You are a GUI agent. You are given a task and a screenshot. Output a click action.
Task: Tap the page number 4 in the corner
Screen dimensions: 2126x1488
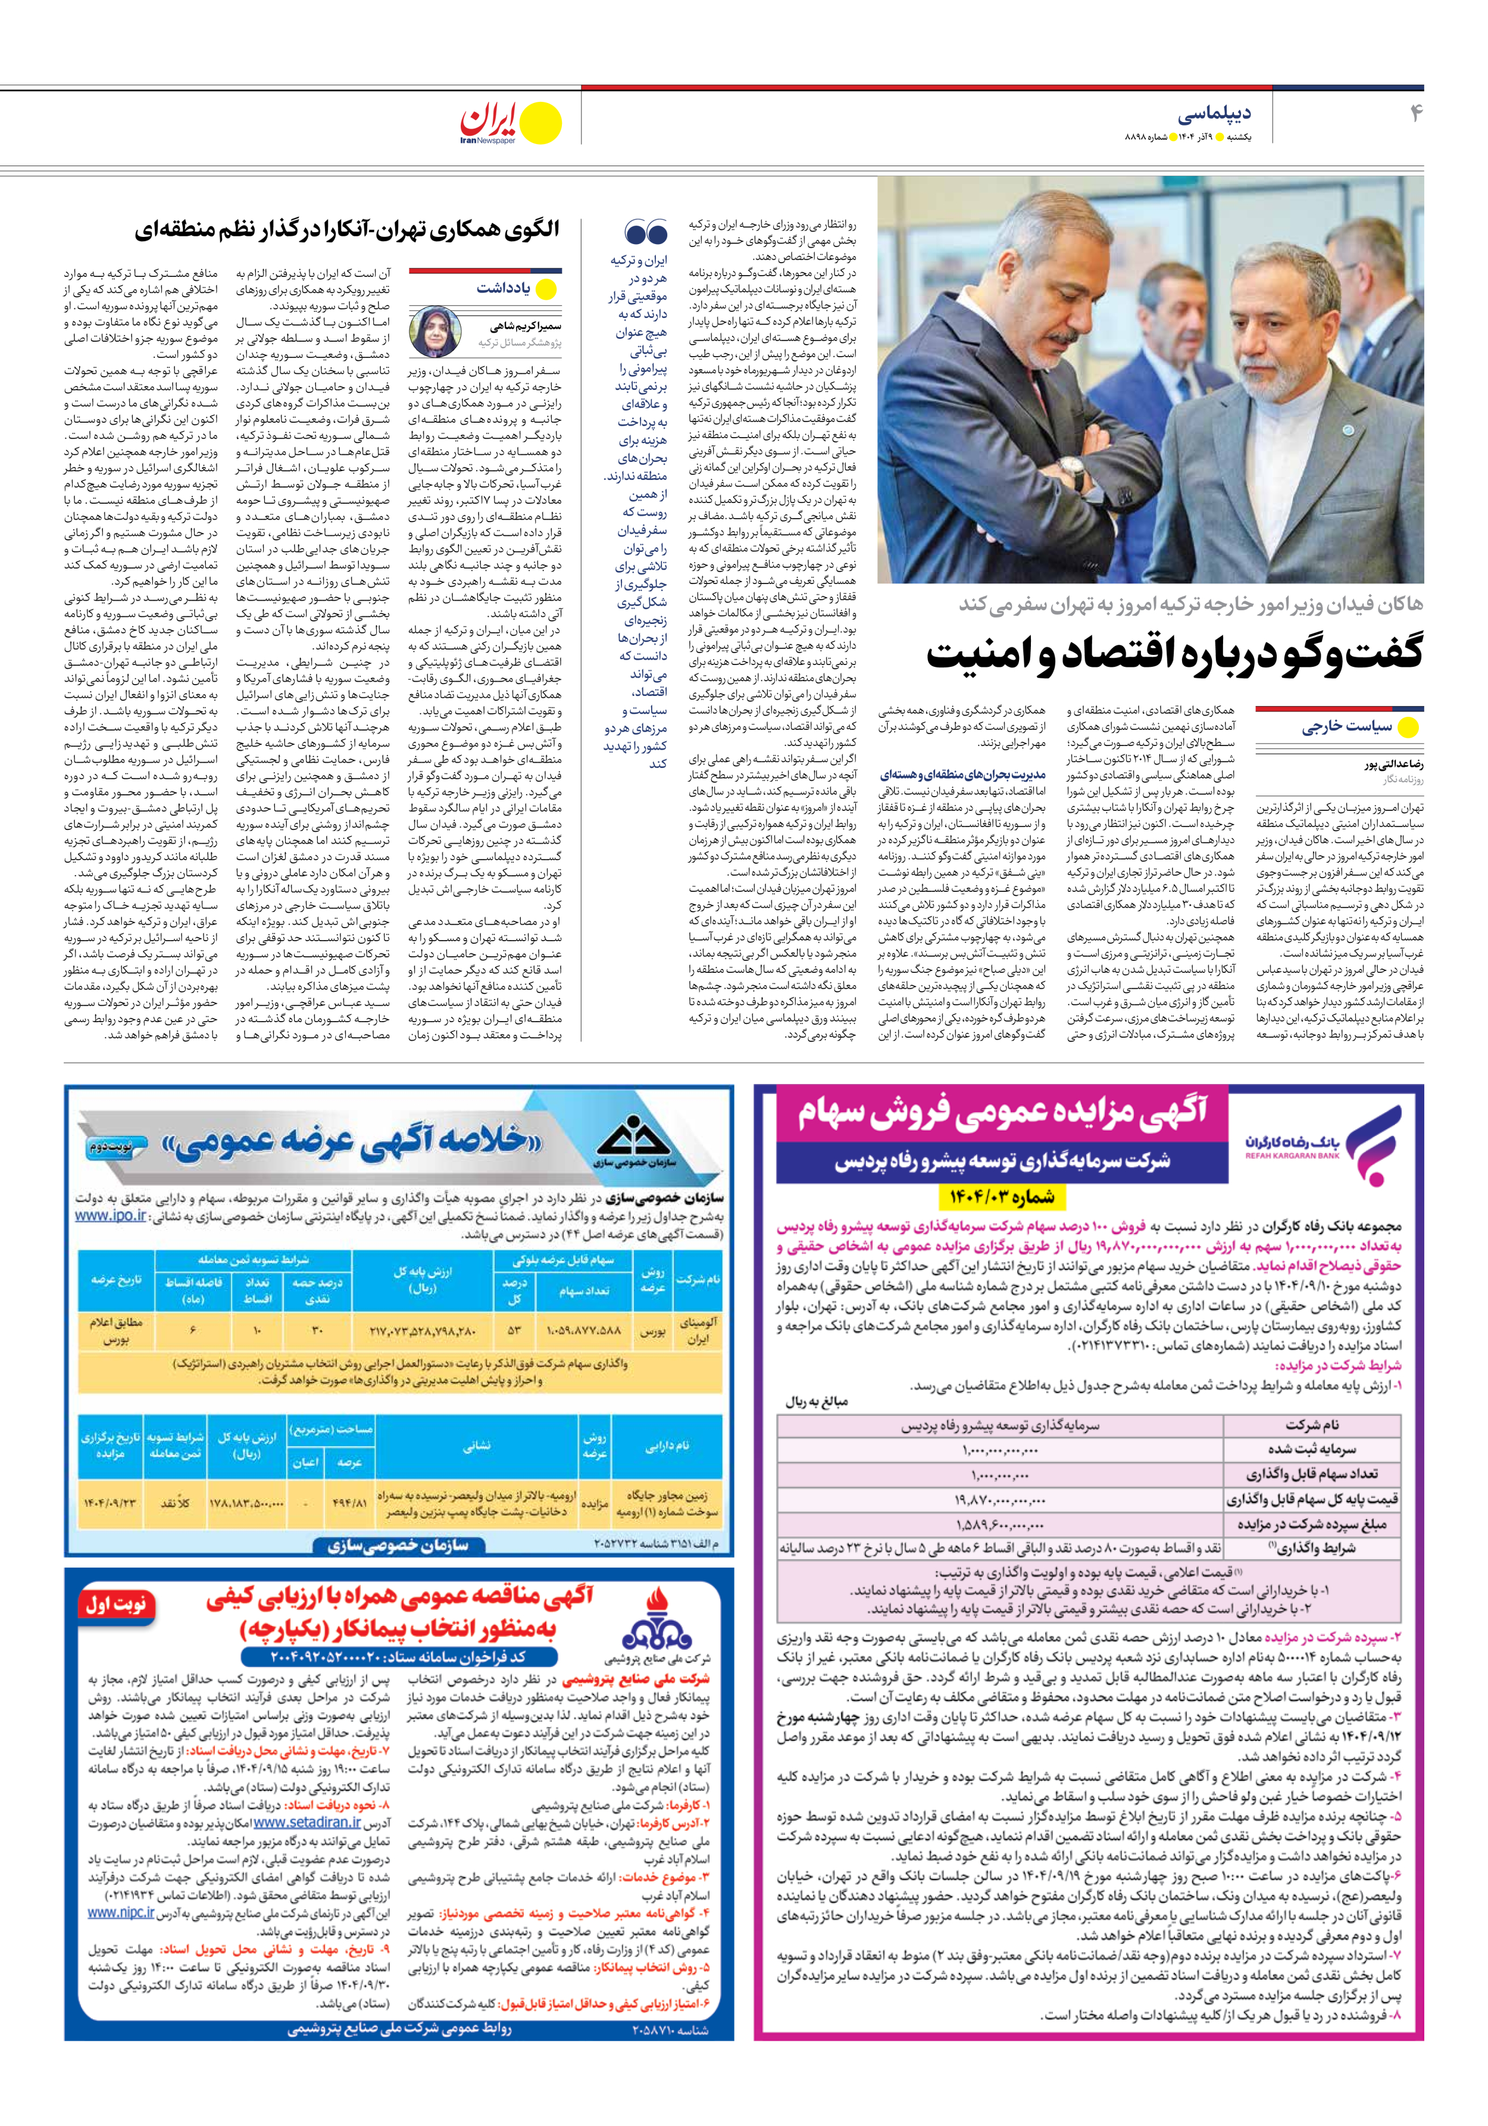point(1415,114)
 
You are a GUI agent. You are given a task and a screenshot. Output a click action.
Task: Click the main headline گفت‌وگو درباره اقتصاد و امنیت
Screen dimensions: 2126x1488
point(1174,653)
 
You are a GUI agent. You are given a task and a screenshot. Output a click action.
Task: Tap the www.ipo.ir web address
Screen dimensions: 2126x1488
point(110,1216)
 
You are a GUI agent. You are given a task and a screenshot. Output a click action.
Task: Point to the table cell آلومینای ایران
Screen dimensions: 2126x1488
point(697,1331)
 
